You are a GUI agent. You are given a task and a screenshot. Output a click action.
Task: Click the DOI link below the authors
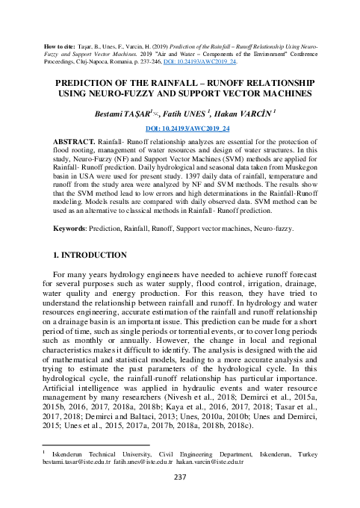[x=179, y=128]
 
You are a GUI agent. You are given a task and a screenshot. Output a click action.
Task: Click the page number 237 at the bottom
[x=179, y=477]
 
